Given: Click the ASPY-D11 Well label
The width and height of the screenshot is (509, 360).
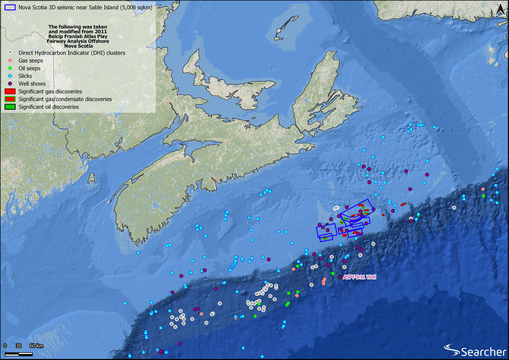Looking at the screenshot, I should tap(358, 277).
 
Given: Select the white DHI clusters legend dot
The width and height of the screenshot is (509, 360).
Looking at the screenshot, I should tap(10, 52).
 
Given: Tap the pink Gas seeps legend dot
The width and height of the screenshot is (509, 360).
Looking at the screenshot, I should tap(10, 60).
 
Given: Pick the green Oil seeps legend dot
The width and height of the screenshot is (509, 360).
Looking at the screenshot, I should tap(10, 68).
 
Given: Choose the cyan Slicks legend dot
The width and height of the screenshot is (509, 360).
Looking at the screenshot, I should tap(10, 76).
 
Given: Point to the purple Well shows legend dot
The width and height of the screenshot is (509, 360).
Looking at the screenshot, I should tap(10, 84).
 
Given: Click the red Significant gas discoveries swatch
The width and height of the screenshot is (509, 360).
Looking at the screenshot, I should tap(9, 91).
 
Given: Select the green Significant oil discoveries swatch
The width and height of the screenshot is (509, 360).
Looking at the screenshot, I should tap(9, 107).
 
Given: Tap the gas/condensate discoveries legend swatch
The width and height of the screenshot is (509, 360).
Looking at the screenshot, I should tap(9, 99).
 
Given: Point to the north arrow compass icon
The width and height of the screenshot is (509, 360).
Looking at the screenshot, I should tap(501, 8).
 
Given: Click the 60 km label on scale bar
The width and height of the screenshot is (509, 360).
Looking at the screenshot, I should tap(36, 346).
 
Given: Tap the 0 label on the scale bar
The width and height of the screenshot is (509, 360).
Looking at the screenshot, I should tap(5, 346).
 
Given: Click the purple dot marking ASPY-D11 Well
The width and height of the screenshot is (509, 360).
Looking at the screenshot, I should tap(339, 277).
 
